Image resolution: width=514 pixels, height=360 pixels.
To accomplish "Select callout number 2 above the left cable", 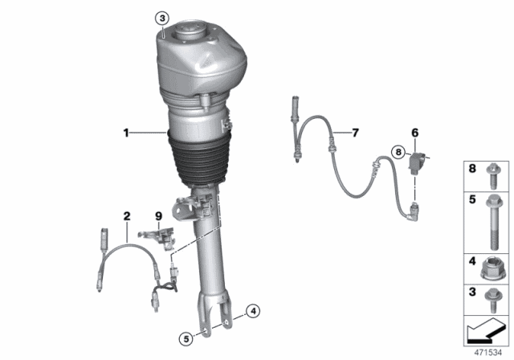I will (x=126, y=215).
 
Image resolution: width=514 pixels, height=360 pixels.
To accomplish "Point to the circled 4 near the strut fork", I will (x=252, y=310).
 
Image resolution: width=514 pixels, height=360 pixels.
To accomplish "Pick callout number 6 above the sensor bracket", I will (x=415, y=132).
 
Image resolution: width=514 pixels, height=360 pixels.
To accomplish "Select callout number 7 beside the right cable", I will (x=357, y=132).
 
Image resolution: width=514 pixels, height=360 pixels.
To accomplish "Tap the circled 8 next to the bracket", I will (x=398, y=151).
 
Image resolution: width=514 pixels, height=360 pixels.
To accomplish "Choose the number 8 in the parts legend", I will (x=472, y=170).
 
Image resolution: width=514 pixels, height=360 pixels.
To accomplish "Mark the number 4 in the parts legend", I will (x=472, y=261).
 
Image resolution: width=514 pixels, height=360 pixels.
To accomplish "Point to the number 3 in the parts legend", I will (x=472, y=292).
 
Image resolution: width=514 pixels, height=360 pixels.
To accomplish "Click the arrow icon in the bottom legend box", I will (x=485, y=329).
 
